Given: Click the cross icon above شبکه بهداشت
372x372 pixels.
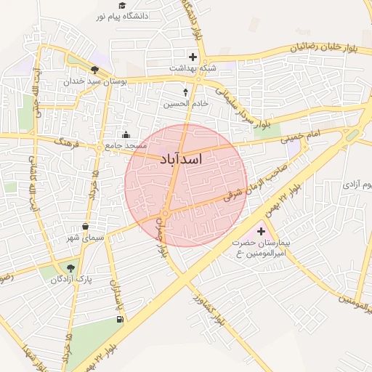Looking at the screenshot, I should [x=193, y=57].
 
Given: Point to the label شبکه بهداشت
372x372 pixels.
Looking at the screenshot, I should [x=193, y=68].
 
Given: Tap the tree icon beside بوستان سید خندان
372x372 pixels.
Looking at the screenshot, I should [x=95, y=70].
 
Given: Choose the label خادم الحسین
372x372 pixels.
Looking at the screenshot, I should [x=185, y=104].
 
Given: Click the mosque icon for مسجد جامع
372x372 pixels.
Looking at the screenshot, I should [x=126, y=134].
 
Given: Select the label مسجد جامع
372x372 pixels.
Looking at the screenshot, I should [x=126, y=145].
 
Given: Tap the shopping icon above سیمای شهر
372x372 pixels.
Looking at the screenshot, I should [x=86, y=227].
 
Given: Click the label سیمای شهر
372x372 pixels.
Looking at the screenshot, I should [x=86, y=238].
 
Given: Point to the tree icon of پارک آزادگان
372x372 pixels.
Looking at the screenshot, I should [x=70, y=268].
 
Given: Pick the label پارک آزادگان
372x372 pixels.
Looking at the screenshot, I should [x=70, y=280].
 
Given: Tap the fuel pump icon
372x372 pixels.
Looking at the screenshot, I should [x=119, y=318].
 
